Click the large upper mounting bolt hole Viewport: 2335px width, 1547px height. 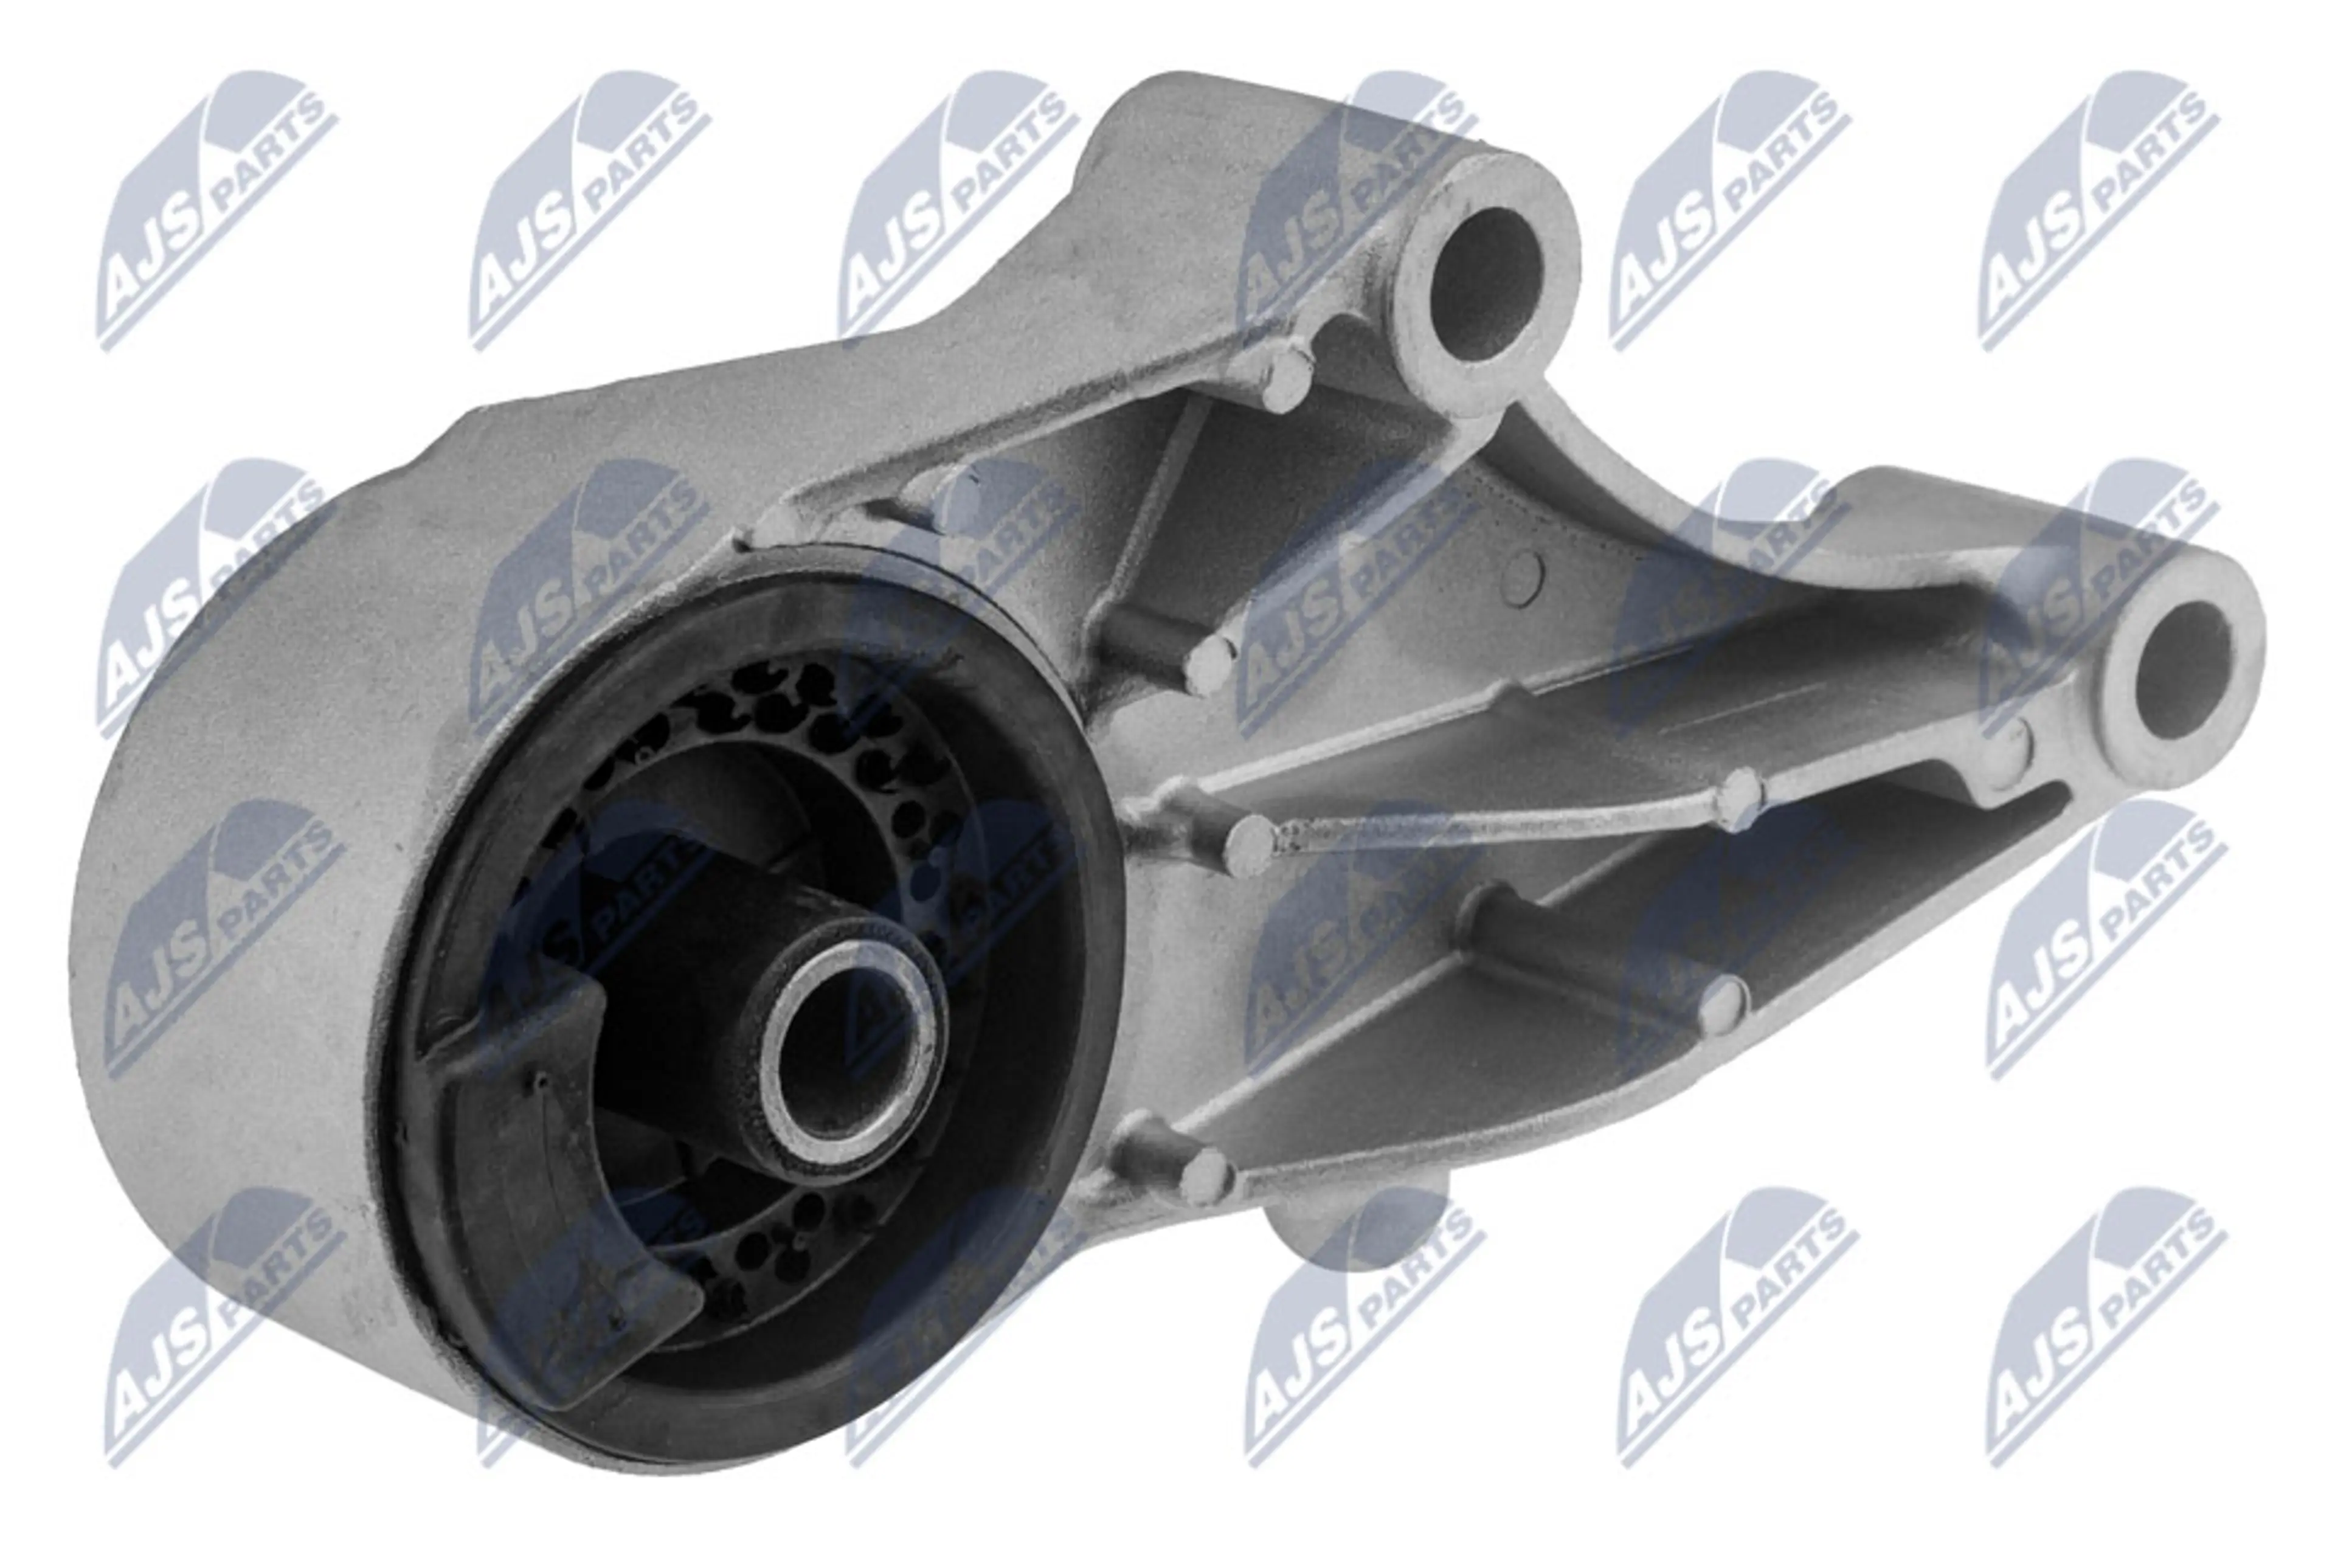click(x=1485, y=284)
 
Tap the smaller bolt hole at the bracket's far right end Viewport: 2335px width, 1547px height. click(x=2183, y=670)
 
